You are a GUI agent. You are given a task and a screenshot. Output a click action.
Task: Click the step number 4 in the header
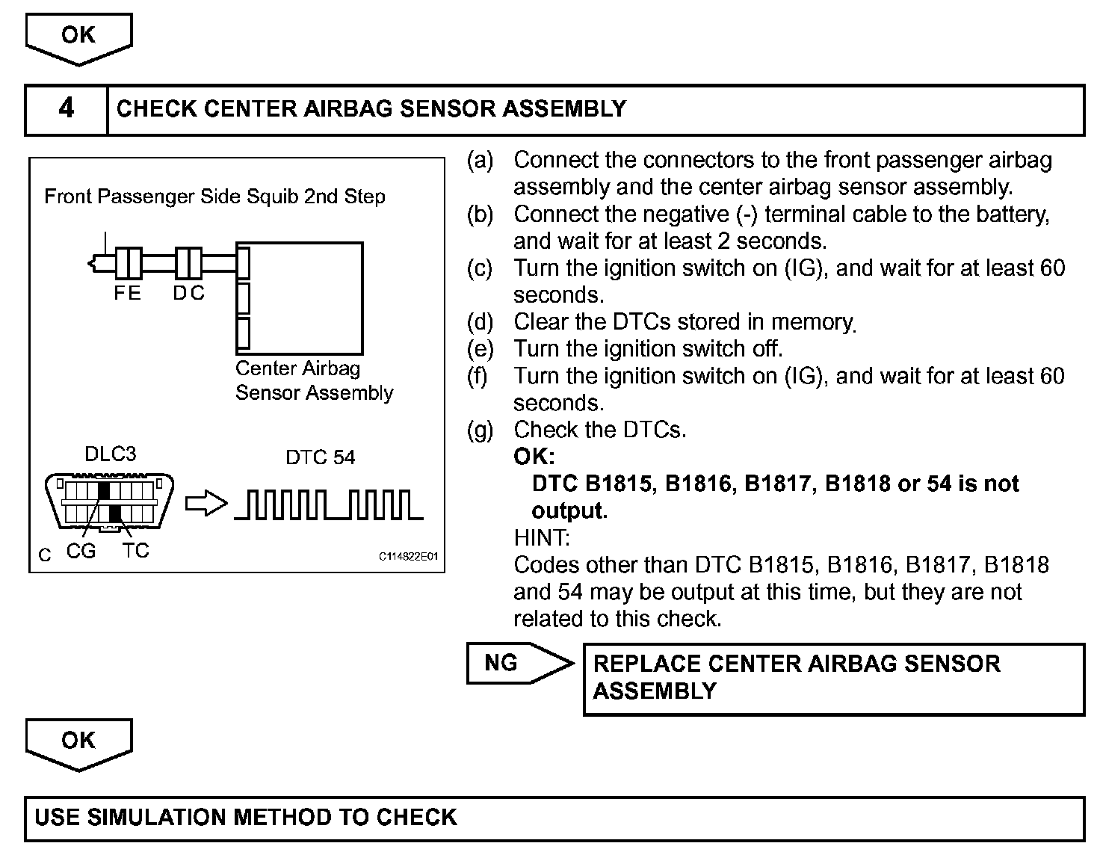66,109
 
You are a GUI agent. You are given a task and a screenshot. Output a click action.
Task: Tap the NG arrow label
501,663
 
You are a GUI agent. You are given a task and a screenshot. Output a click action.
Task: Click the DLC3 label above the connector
111,454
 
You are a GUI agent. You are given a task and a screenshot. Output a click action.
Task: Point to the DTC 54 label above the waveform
321,457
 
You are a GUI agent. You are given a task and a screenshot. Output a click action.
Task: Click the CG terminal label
81,552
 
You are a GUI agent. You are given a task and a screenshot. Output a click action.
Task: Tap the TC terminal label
135,552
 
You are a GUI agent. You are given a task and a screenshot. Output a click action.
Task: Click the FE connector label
127,294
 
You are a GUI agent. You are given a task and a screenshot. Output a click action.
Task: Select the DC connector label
188,294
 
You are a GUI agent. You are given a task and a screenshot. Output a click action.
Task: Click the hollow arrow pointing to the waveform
206,504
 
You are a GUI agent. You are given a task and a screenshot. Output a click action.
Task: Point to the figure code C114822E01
407,557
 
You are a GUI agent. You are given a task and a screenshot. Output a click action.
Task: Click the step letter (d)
480,322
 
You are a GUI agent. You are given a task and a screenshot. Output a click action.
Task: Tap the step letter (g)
480,430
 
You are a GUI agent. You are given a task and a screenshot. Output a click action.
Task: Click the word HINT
542,537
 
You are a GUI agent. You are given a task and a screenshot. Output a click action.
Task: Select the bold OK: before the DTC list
534,457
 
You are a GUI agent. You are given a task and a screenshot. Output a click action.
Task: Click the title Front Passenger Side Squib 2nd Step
214,197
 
